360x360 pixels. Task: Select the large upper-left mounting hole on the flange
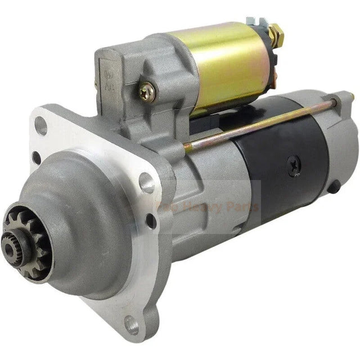[41, 127]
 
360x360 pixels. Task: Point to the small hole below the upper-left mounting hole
[37, 157]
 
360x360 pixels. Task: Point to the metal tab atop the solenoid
[259, 22]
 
